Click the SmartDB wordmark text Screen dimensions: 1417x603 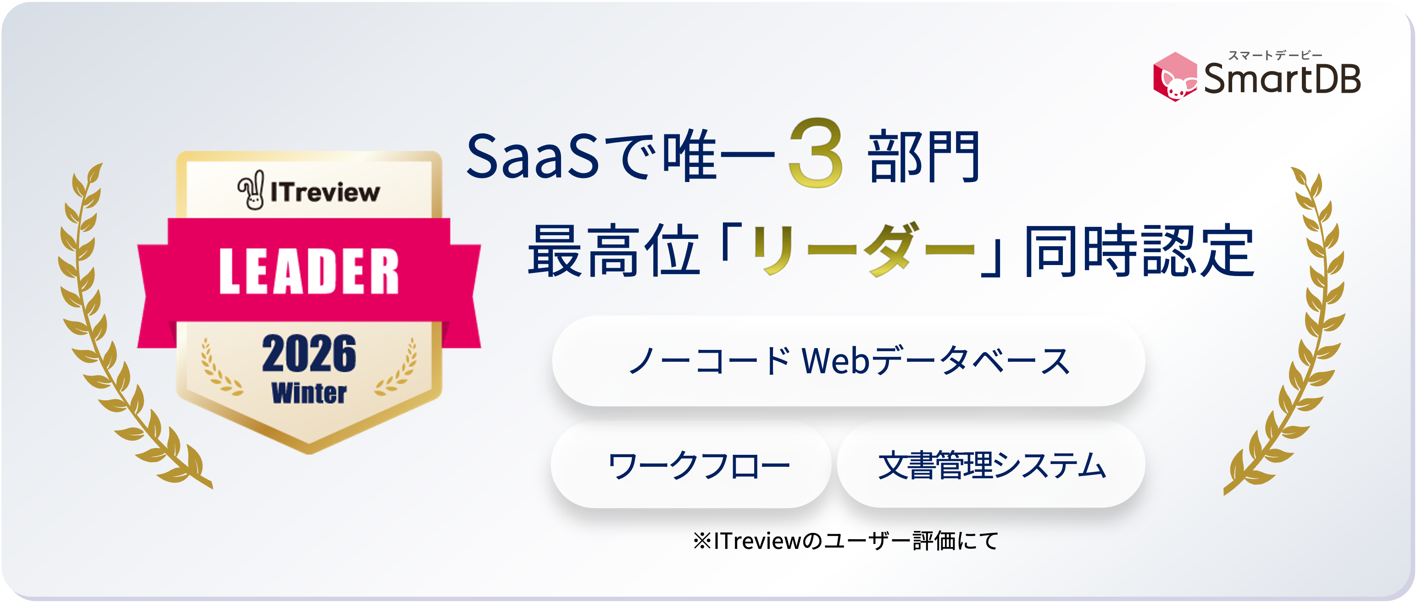[x=1282, y=78]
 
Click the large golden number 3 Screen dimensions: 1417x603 [x=815, y=153]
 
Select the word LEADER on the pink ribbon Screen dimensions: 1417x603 [x=309, y=271]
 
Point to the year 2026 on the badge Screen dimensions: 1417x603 [x=309, y=354]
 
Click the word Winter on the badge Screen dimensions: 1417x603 [x=309, y=393]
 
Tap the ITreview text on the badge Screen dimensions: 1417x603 [x=325, y=192]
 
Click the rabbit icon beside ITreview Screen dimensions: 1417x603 [x=251, y=190]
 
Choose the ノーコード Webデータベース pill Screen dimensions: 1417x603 [x=848, y=361]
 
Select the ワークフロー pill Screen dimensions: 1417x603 [x=691, y=465]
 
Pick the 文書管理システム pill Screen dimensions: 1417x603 [x=991, y=465]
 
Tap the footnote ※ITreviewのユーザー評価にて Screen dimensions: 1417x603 [x=845, y=541]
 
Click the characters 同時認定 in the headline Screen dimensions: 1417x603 [x=1139, y=251]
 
